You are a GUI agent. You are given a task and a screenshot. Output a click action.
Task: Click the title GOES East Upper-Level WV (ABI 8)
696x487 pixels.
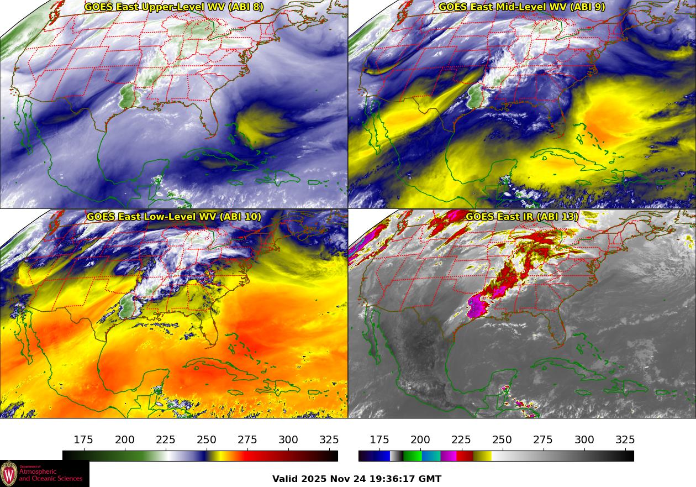click(173, 7)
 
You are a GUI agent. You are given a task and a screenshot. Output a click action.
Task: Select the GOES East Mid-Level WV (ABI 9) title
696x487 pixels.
click(521, 7)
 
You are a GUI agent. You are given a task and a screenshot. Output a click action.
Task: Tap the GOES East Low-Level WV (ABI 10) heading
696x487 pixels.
click(173, 217)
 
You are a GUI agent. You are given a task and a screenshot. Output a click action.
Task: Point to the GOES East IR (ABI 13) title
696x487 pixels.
click(521, 217)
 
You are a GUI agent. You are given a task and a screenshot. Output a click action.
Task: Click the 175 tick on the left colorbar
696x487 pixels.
click(83, 440)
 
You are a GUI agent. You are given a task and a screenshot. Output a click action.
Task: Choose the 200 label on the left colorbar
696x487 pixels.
click(124, 440)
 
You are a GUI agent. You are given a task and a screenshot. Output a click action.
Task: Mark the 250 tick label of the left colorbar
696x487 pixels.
click(207, 440)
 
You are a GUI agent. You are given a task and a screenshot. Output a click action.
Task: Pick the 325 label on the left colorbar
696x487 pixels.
click(329, 440)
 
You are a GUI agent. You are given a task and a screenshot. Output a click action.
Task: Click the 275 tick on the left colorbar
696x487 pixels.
click(247, 440)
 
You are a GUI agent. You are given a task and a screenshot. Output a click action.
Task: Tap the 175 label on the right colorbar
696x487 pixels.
click(379, 440)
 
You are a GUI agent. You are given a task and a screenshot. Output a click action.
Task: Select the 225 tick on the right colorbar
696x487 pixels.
click(461, 440)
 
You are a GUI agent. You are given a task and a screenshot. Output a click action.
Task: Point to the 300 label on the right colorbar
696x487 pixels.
click(584, 440)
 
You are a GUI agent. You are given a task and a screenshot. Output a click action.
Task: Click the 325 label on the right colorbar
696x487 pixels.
click(625, 440)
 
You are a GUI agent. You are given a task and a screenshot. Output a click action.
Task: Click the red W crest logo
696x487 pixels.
click(9, 474)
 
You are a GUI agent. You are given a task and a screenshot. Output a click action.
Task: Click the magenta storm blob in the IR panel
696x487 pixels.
click(477, 305)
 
